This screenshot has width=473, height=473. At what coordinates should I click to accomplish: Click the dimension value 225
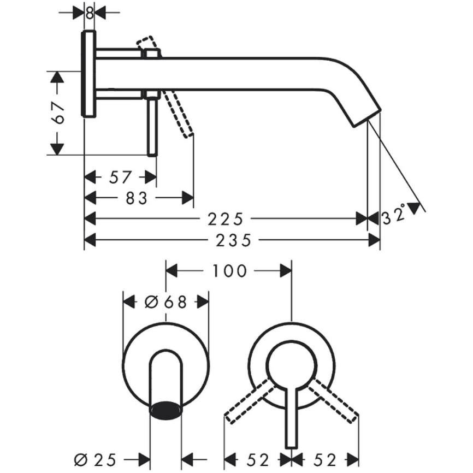pyautogui.click(x=225, y=219)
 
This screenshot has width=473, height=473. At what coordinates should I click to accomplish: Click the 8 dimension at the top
pyautogui.click(x=90, y=11)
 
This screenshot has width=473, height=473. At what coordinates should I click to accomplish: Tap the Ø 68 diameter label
pyautogui.click(x=165, y=301)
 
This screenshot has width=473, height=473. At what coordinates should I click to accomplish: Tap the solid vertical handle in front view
pyautogui.click(x=291, y=415)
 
